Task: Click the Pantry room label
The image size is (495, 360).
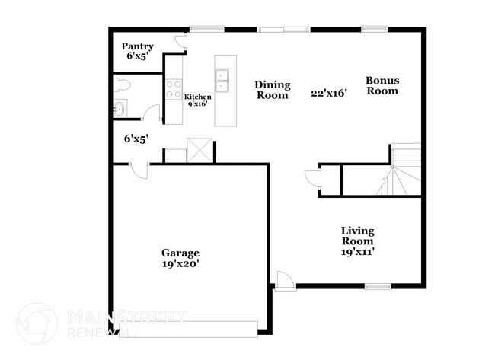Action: pos(138,46)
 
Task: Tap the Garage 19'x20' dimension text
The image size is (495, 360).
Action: pos(180,264)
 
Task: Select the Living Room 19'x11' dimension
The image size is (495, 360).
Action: pos(358,252)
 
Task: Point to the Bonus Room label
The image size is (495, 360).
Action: pos(382,85)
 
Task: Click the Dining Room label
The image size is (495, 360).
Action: pos(273,90)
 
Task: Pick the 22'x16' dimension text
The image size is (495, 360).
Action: pos(329,94)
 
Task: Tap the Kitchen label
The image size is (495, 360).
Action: pos(198,97)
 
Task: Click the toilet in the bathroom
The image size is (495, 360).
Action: pos(122,84)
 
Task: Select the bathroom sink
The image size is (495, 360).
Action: pos(120,108)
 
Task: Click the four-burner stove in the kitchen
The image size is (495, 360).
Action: pos(174,89)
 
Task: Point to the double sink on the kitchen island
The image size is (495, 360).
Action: pos(222,80)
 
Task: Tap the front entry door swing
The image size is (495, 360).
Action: pos(285,280)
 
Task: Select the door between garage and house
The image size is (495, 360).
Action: pos(139,171)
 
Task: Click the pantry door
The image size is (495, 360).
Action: pos(181,42)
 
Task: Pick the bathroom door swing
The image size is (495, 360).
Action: pos(151,113)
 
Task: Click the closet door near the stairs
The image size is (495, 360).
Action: pos(312,179)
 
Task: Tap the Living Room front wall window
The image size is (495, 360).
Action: pos(378,286)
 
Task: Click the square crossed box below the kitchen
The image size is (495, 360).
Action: pos(200,150)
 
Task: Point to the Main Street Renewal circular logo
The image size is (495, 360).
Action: pos(37,323)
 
